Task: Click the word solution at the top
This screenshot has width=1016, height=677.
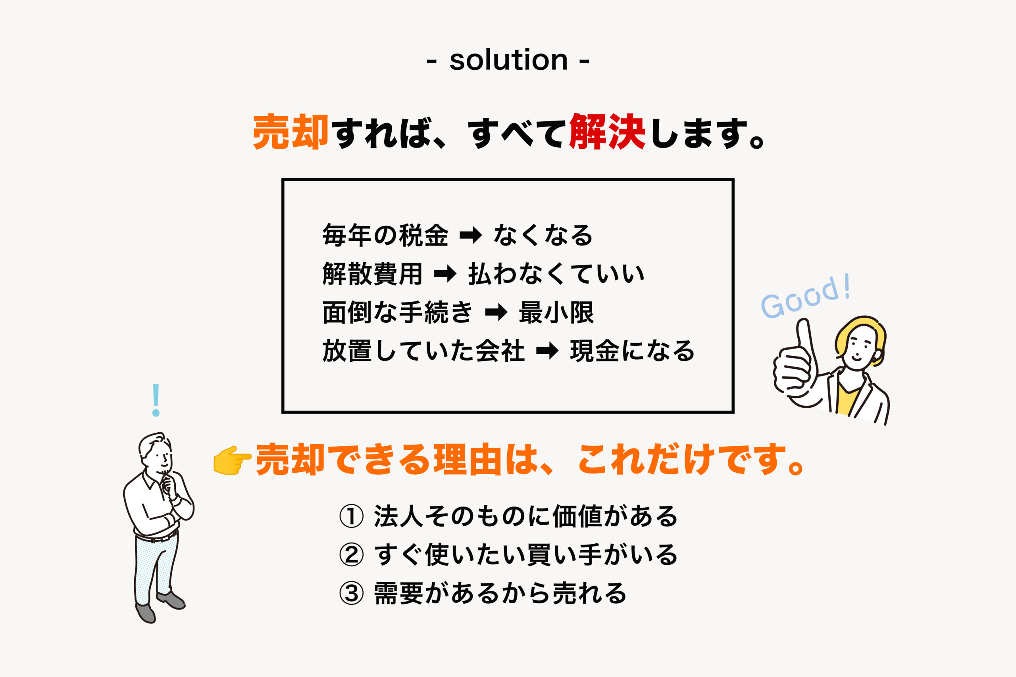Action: pyautogui.click(x=508, y=60)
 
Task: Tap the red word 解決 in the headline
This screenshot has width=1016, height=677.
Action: pyautogui.click(x=607, y=132)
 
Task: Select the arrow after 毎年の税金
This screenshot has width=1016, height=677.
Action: pyautogui.click(x=470, y=236)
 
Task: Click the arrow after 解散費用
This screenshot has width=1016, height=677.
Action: pyautogui.click(x=445, y=274)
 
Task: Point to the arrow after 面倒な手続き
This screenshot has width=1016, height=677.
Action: pyautogui.click(x=496, y=313)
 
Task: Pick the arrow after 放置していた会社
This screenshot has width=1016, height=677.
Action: pyautogui.click(x=547, y=351)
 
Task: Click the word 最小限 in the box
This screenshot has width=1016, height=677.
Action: pyautogui.click(x=556, y=313)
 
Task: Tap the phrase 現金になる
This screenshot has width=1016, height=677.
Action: pyautogui.click(x=632, y=351)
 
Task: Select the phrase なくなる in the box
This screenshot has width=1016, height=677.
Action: pyautogui.click(x=543, y=236)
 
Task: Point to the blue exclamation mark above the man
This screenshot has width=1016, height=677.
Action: pyautogui.click(x=156, y=400)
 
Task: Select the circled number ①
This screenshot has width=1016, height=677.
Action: pyautogui.click(x=351, y=516)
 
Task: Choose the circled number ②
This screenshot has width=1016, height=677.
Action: pyautogui.click(x=351, y=555)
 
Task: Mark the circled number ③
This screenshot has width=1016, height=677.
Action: pyautogui.click(x=351, y=593)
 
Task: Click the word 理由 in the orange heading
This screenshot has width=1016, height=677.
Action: pyautogui.click(x=469, y=460)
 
